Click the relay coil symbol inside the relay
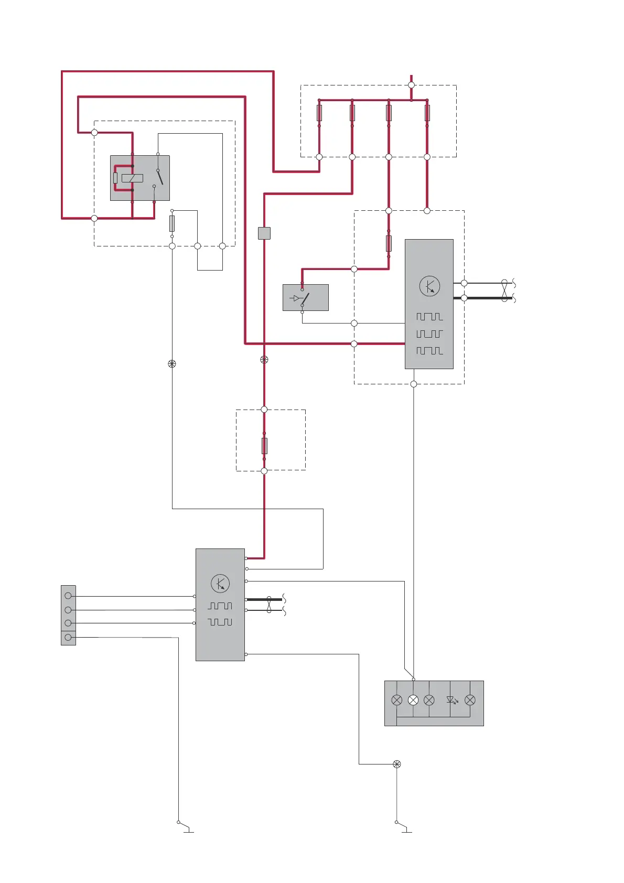[132, 178]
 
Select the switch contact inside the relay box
[159, 177]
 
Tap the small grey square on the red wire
[264, 233]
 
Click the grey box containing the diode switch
[306, 298]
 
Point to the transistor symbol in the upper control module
[429, 286]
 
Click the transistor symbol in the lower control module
[220, 584]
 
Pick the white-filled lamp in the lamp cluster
[413, 700]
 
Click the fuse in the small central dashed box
[264, 446]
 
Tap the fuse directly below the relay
[172, 223]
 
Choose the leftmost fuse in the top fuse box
[319, 113]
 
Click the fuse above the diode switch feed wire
[389, 243]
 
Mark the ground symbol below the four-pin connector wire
[186, 828]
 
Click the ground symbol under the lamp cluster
[404, 828]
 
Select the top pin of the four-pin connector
[68, 596]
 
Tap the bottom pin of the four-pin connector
[68, 637]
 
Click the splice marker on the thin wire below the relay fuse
[172, 364]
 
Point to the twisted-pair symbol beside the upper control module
[504, 290]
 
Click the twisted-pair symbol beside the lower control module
[269, 605]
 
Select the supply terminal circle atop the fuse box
[411, 85]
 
